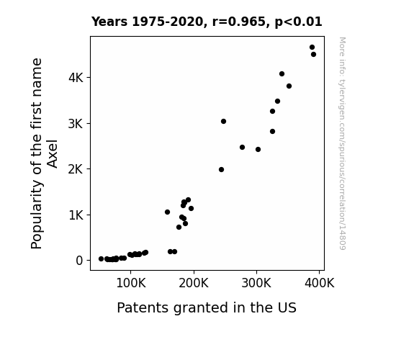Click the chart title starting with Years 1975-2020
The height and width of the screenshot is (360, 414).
207,22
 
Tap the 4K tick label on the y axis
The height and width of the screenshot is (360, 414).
76,78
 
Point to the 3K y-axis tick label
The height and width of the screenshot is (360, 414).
76,124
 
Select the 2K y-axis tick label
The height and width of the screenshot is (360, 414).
76,169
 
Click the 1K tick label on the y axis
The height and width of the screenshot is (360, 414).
76,215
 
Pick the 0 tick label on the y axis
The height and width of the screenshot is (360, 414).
79,261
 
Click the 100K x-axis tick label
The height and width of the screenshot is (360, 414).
131,284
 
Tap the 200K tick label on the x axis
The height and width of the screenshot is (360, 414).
194,284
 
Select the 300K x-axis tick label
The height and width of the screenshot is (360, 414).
256,284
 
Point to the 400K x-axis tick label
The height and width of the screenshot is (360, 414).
319,284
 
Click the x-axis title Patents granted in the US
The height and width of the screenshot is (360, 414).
207,308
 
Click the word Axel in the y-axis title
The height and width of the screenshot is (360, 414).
53,153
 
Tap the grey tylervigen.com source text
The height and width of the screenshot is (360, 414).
342,143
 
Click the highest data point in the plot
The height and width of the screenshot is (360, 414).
312,48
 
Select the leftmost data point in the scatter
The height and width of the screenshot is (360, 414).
101,259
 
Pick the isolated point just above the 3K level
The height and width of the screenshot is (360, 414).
224,121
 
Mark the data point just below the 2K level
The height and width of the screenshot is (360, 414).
222,170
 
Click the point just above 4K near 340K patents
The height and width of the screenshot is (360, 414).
282,74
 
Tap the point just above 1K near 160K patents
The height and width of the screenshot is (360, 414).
167,212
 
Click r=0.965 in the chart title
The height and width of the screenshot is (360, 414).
239,22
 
